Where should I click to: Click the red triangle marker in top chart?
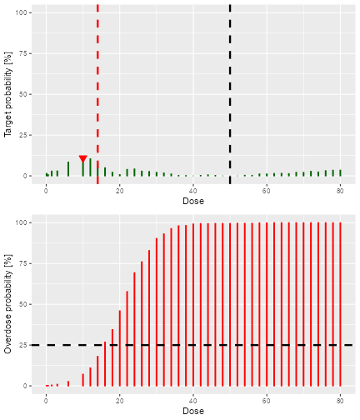coord(82,159)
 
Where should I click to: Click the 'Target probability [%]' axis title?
coord(8,93)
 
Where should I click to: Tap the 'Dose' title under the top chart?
coord(193,201)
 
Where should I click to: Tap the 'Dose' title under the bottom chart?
coord(193,411)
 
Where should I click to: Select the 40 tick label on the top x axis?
coord(193,190)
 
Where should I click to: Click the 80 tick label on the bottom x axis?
coord(340,400)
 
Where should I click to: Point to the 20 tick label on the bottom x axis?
coord(120,400)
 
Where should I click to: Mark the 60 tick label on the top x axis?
coord(267,190)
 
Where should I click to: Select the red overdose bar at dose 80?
coord(340,304)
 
